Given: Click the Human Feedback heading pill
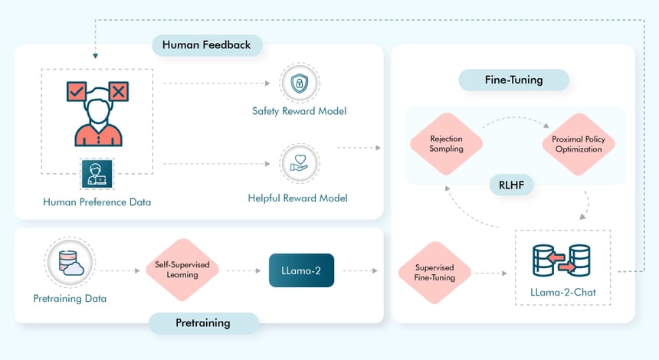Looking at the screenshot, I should click(x=206, y=44).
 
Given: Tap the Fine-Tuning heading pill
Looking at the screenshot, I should click(x=513, y=80).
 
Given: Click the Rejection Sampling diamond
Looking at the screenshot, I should click(x=446, y=143).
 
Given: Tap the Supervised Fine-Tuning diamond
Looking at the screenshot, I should click(x=434, y=272).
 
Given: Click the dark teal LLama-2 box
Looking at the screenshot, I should click(x=301, y=270).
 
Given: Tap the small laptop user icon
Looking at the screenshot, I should click(x=97, y=174).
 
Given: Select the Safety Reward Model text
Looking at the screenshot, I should click(x=299, y=111).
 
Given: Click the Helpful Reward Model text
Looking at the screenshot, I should click(x=297, y=198).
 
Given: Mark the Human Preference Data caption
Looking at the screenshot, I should click(x=97, y=202).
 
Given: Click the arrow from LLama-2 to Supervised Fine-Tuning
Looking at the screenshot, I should click(x=364, y=271).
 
